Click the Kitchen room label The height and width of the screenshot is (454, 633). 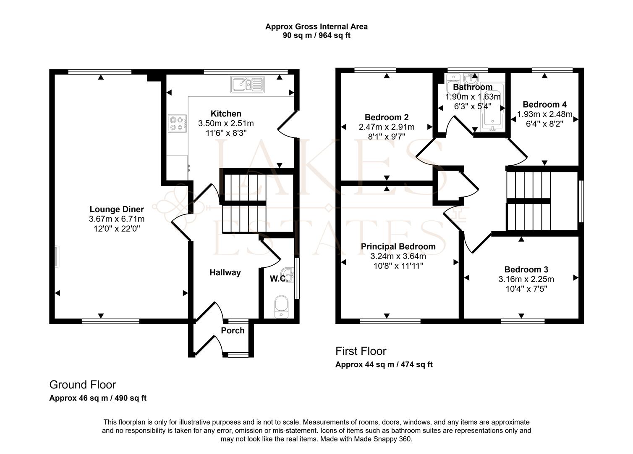pos(226,113)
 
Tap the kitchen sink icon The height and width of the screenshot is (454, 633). pos(247,84)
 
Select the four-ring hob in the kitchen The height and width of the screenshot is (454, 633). pos(177,124)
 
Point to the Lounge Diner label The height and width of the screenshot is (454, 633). pos(117,209)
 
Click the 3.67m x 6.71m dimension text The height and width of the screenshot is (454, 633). pos(117,219)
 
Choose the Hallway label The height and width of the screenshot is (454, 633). pos(225,272)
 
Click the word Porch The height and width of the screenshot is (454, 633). pos(233,330)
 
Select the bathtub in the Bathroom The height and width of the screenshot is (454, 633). pos(492,108)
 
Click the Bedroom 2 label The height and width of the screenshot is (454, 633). pos(387,117)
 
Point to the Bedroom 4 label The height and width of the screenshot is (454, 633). pos(544,104)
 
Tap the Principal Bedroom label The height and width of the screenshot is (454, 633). pos(398,246)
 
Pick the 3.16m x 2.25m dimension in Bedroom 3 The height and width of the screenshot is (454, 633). pos(526,279)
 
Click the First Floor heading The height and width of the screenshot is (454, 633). pos(361,351)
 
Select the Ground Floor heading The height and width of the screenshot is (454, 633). pos(83,385)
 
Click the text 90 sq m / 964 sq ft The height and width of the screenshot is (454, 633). pos(316,35)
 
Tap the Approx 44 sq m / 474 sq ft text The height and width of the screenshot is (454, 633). pos(384,364)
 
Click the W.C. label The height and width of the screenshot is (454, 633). pos(278,279)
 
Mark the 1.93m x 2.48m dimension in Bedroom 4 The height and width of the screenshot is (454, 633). pos(544,114)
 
